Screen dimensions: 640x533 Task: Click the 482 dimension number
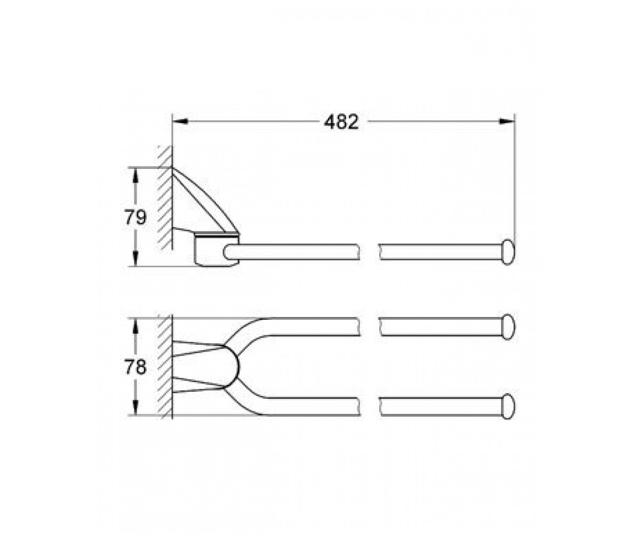(x=341, y=122)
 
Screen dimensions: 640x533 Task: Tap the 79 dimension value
(x=135, y=217)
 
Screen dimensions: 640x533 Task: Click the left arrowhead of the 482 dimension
(x=180, y=122)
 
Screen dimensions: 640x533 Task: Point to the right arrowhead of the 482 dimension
(x=507, y=122)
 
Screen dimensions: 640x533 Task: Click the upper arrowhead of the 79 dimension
(x=135, y=175)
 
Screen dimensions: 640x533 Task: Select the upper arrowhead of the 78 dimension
(x=135, y=326)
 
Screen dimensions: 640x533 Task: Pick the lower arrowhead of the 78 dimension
(x=135, y=408)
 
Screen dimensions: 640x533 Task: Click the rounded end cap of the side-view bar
(x=508, y=252)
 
